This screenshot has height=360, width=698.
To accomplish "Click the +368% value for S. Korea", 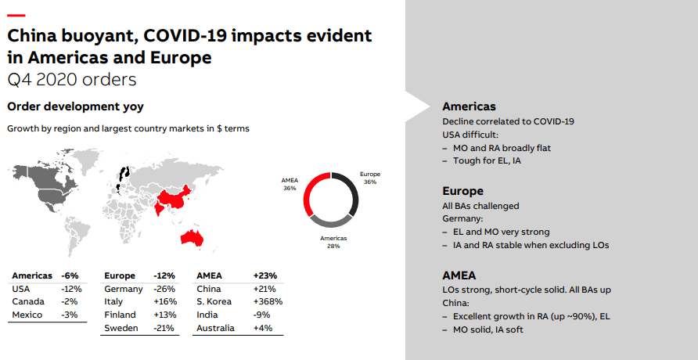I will click(268, 301).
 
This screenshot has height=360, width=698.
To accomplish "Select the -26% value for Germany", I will click(165, 289).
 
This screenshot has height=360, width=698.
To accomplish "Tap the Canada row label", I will click(28, 301).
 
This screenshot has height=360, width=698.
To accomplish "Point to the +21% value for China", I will click(264, 289).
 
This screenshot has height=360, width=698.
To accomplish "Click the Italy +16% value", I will click(166, 301).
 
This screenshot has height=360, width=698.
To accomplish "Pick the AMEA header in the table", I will click(210, 275).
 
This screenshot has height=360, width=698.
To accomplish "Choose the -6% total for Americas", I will click(71, 275).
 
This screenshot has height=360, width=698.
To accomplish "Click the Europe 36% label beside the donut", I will click(369, 178).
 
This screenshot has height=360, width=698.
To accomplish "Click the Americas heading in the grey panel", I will click(469, 106).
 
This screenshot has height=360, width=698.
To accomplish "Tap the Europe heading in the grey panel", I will click(462, 191).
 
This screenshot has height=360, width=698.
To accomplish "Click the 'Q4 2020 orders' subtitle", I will click(71, 79).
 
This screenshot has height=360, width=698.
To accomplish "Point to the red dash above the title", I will click(16, 16).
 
